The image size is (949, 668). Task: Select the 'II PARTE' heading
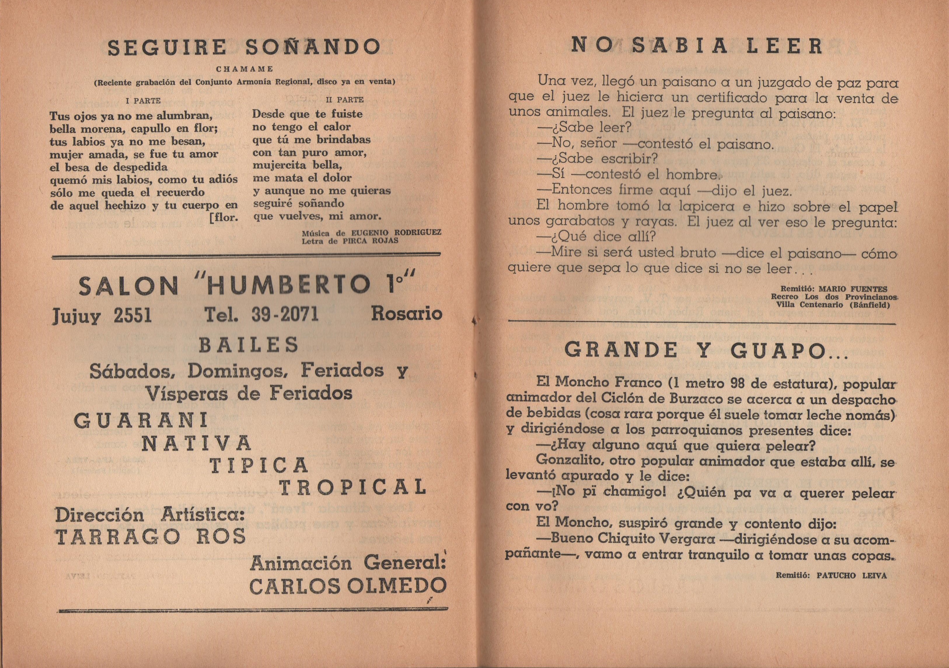pos(345,100)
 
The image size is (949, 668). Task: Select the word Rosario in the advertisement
pos(407,314)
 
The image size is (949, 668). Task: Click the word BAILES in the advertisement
pos(249,345)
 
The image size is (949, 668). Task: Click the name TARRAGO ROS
pos(151,537)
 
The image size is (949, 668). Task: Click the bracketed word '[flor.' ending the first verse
pos(223,217)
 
